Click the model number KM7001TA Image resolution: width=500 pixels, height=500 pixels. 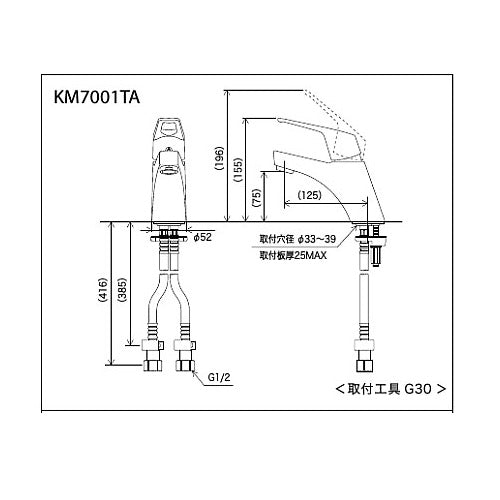pyautogui.click(x=97, y=97)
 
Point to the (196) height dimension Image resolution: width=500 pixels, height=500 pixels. pyautogui.click(x=219, y=158)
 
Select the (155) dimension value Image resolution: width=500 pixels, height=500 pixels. pyautogui.click(x=238, y=169)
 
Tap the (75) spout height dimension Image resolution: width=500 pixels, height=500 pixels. pyautogui.click(x=257, y=198)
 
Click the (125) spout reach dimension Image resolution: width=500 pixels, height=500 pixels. pyautogui.click(x=310, y=195)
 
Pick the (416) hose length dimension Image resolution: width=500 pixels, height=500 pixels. pyautogui.click(x=103, y=290)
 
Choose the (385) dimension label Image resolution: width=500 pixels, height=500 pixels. pyautogui.click(x=122, y=290)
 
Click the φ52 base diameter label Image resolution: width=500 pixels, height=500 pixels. pyautogui.click(x=202, y=237)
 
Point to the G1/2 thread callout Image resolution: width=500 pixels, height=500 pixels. pyautogui.click(x=219, y=377)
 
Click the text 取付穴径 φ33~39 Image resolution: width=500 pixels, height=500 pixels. pyautogui.click(x=298, y=239)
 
